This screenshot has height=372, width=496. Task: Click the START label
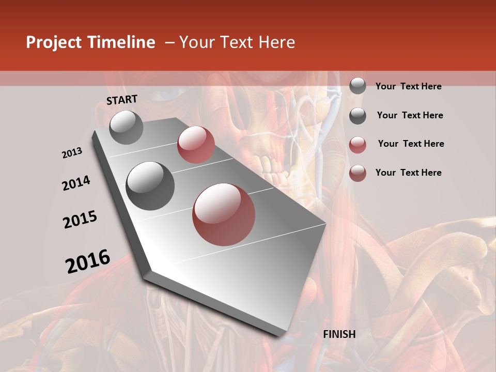122,100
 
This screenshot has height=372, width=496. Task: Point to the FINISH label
339,334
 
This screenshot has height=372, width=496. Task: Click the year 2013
72,153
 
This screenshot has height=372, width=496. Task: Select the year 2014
76,183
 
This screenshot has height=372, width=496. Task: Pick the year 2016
88,261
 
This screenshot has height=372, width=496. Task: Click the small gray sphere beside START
126,127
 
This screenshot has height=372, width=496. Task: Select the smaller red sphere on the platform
196,145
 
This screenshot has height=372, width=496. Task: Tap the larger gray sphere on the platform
150,185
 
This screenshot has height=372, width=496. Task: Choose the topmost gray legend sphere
358,86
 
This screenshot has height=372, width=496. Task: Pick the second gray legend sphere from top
358,116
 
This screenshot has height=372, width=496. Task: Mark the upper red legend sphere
358,145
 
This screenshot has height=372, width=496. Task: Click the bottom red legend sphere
358,173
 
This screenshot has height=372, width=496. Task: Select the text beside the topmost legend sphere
408,87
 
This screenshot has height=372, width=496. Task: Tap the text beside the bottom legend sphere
408,173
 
